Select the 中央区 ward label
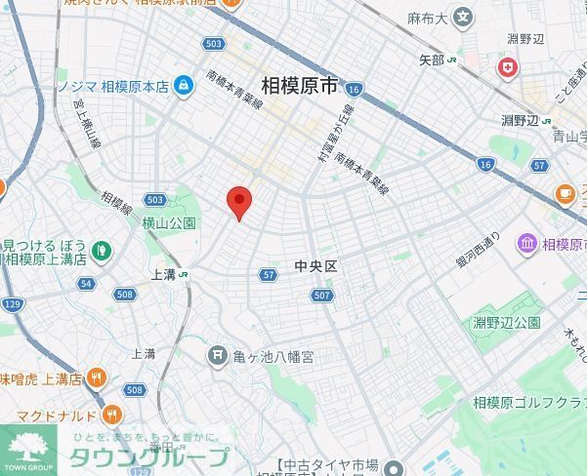314,265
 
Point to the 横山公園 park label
169,223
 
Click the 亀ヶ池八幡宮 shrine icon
217,356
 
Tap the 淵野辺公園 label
507,322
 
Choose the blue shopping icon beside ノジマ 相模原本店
183,86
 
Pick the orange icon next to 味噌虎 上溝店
96,377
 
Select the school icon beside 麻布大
462,17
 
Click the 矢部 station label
431,60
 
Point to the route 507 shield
323,295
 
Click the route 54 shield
86,284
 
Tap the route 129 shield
12,304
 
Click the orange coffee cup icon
565,194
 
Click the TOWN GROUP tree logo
28,447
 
